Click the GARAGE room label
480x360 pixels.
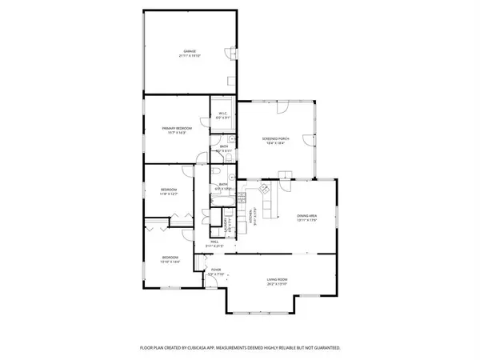pyautogui.click(x=188, y=52)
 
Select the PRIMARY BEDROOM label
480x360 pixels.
pyautogui.click(x=176, y=128)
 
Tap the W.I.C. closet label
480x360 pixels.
pyautogui.click(x=224, y=114)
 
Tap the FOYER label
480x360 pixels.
pyautogui.click(x=216, y=270)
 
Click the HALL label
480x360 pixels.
pyautogui.click(x=214, y=241)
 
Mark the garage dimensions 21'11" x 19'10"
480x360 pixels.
pyautogui.click(x=188, y=57)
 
